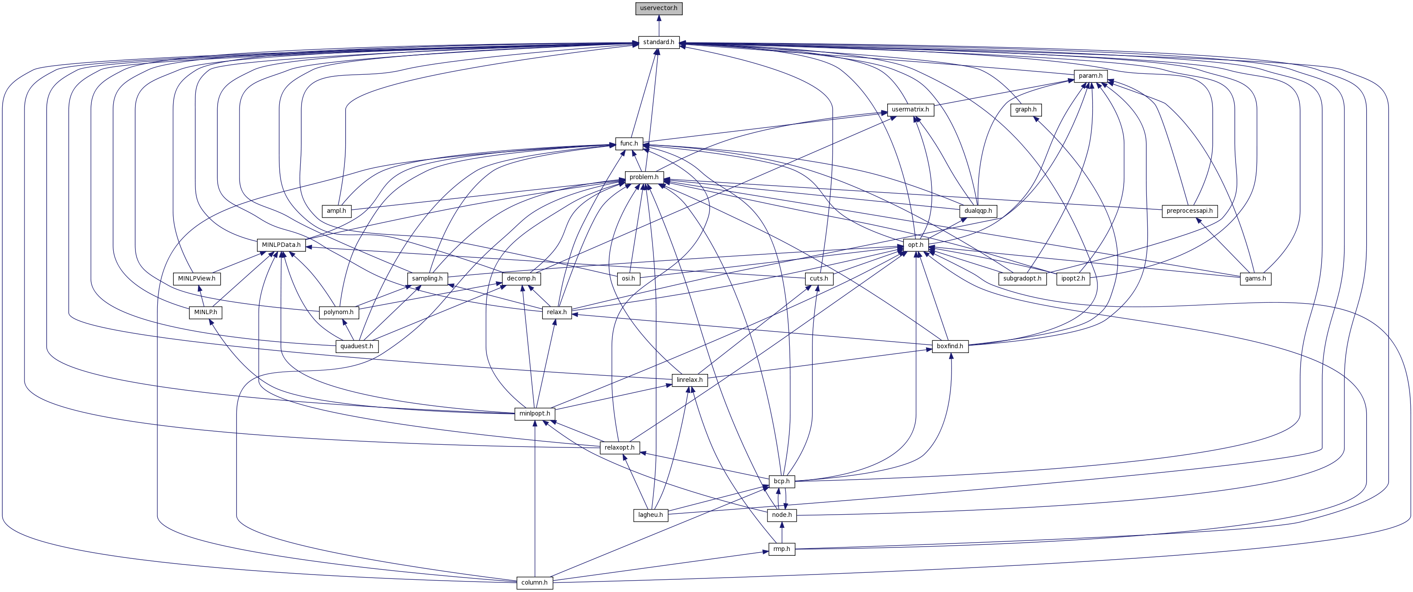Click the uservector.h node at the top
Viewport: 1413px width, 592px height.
pyautogui.click(x=659, y=8)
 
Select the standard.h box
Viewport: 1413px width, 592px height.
pyautogui.click(x=659, y=42)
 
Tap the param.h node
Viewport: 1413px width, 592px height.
pyautogui.click(x=1090, y=76)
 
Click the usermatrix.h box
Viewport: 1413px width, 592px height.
pyautogui.click(x=910, y=110)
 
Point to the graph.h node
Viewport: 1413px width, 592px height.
pyautogui.click(x=1026, y=110)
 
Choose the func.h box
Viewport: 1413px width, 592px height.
pyautogui.click(x=629, y=144)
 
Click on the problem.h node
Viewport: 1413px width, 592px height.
pyautogui.click(x=644, y=177)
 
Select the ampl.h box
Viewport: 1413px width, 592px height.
pyautogui.click(x=336, y=211)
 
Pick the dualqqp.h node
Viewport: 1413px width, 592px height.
pyautogui.click(x=977, y=211)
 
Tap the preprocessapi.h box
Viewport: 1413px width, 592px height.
pyautogui.click(x=1190, y=211)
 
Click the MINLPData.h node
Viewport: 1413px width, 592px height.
pyautogui.click(x=281, y=245)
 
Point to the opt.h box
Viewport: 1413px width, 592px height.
pyautogui.click(x=916, y=245)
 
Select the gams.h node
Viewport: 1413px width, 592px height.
pyautogui.click(x=1256, y=278)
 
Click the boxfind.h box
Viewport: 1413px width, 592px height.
pyautogui.click(x=950, y=346)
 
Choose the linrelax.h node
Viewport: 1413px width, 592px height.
pyautogui.click(x=690, y=380)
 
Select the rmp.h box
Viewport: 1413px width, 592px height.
pyautogui.click(x=781, y=549)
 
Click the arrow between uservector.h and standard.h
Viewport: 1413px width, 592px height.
pyautogui.click(x=659, y=25)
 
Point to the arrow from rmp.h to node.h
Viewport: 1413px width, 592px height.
pyautogui.click(x=781, y=532)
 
